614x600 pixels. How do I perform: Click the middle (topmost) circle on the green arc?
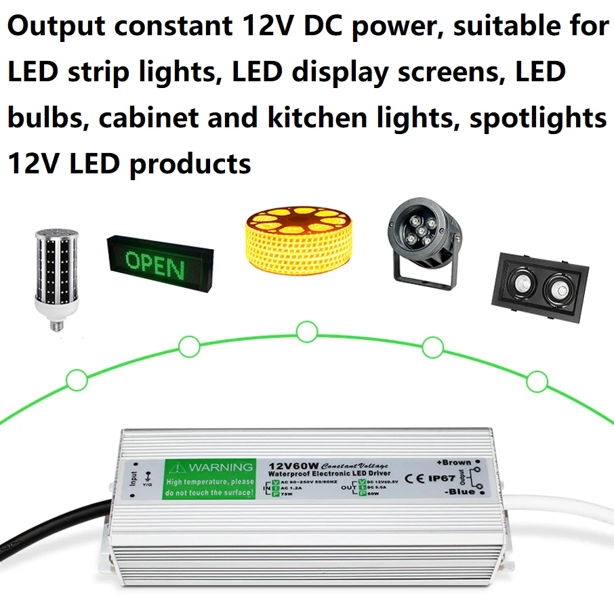[x=307, y=332]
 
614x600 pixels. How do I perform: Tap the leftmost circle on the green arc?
[x=77, y=379]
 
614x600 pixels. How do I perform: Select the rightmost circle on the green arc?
[x=537, y=382]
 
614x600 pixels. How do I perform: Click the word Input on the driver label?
[x=134, y=479]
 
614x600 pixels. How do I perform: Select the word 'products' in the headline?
[x=190, y=163]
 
